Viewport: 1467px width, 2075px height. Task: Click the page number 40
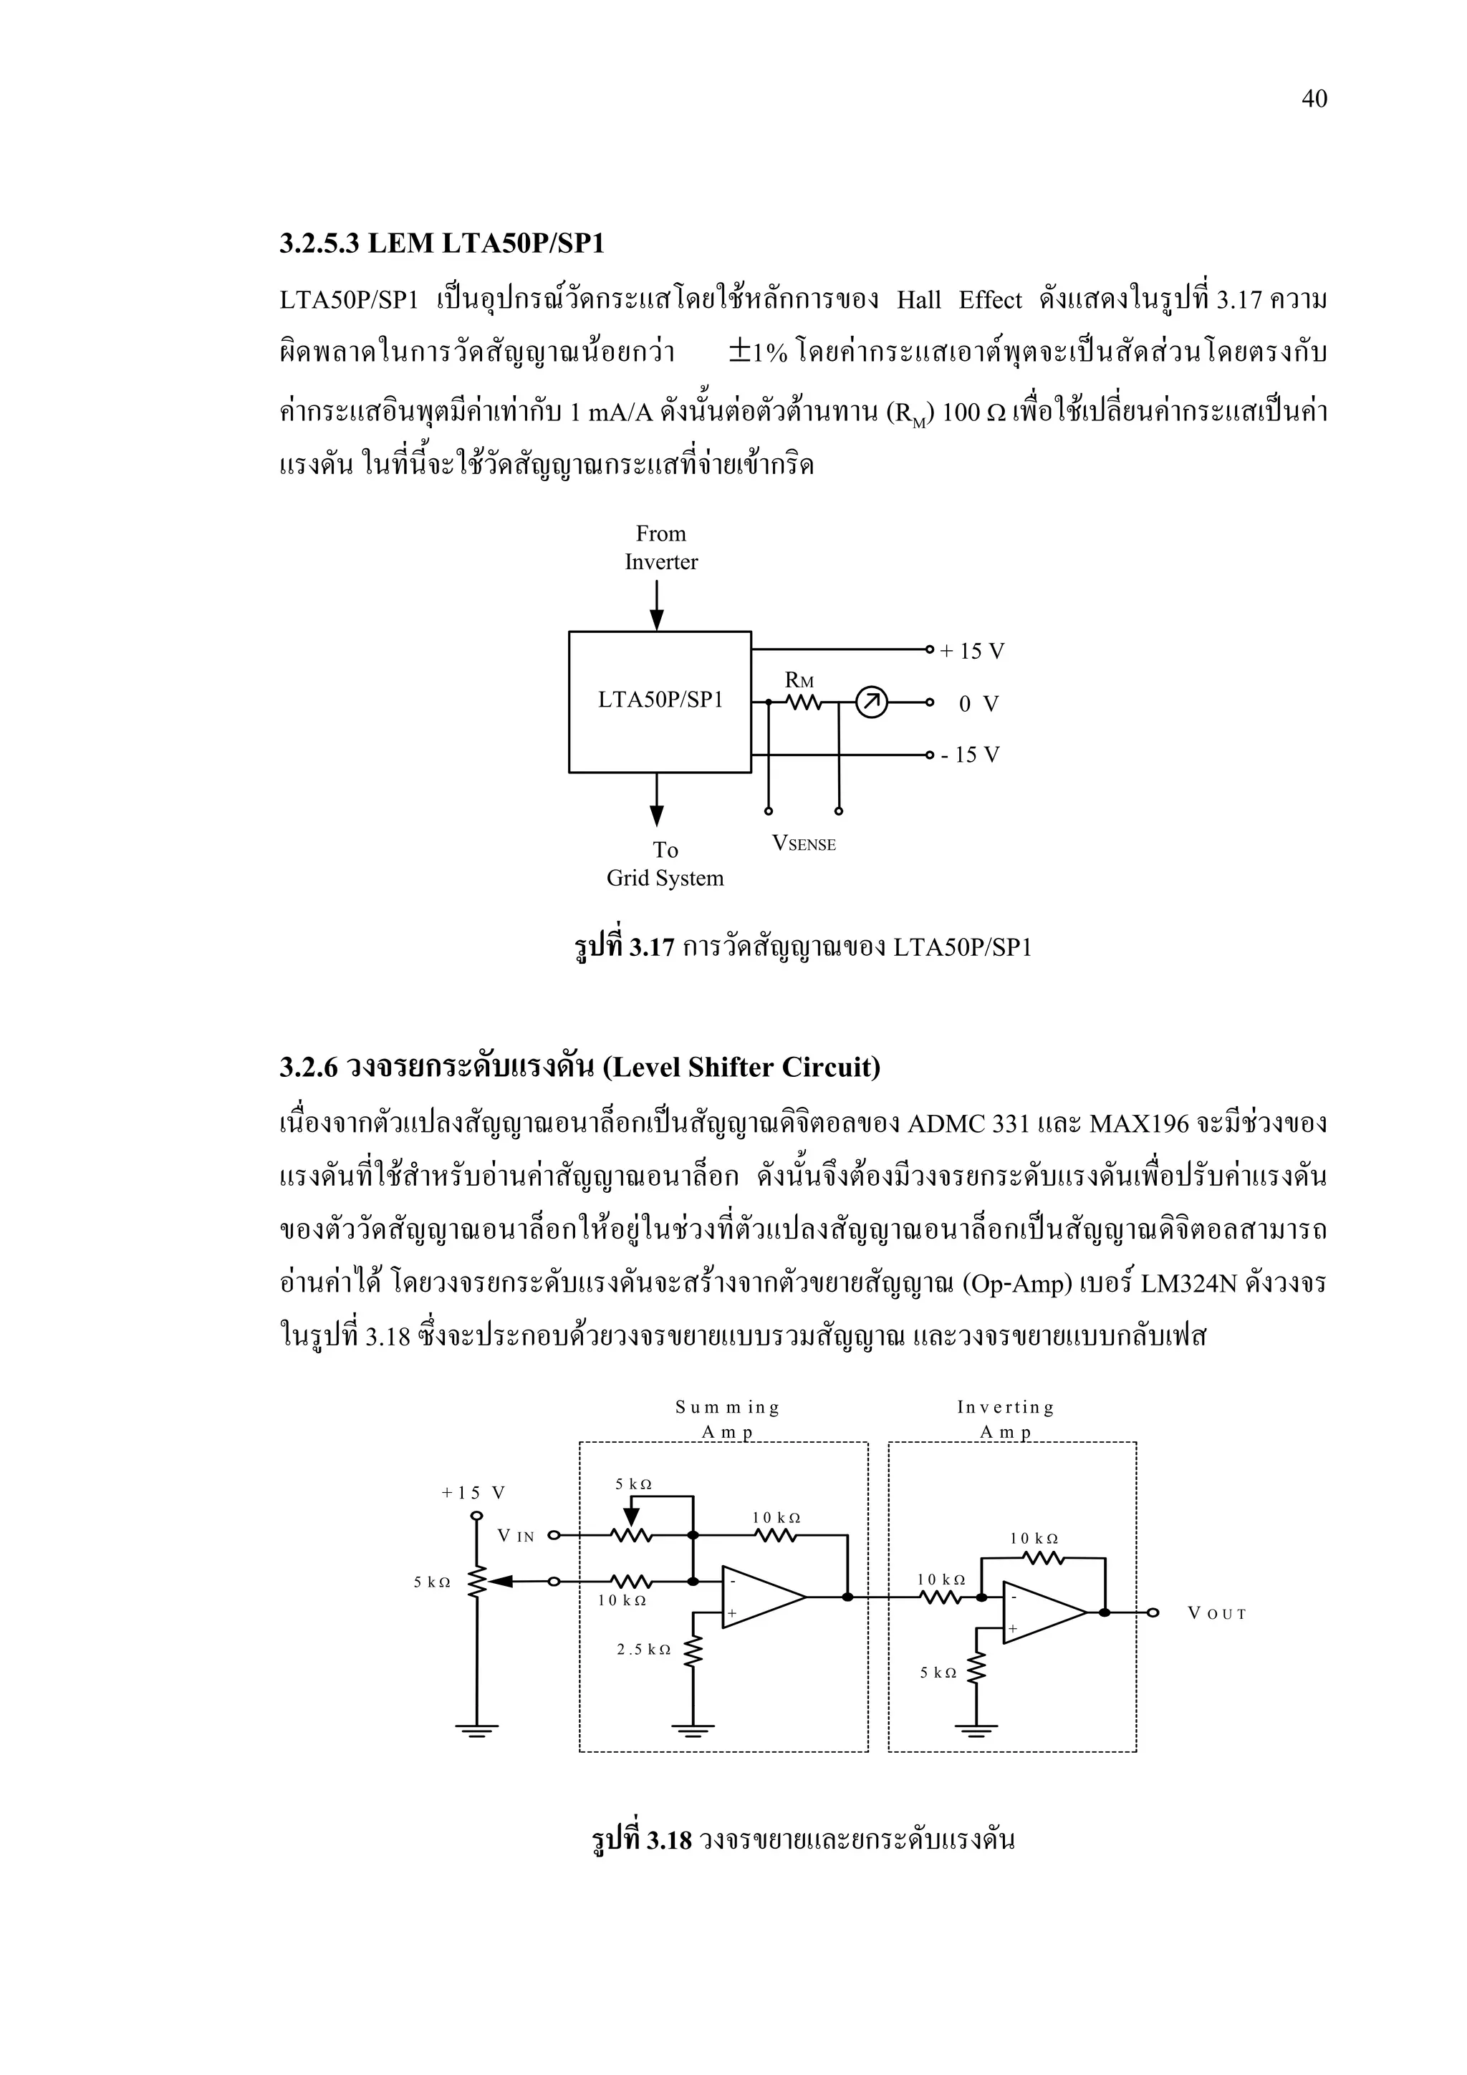click(1313, 100)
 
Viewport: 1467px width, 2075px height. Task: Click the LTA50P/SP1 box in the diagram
click(660, 701)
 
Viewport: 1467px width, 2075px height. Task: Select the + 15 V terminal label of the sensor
click(973, 652)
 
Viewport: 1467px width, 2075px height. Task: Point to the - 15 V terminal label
click(970, 755)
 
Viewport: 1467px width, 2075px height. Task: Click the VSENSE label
click(804, 844)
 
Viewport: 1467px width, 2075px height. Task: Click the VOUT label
click(1216, 1614)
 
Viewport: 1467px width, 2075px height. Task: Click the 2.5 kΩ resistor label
click(643, 1650)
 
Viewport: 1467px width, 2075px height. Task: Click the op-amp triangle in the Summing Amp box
click(760, 1597)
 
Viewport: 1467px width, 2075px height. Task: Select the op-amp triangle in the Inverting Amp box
click(1042, 1613)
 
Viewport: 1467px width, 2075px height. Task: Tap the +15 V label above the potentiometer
click(473, 1493)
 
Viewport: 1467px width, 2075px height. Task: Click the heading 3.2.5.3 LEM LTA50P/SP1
click(442, 243)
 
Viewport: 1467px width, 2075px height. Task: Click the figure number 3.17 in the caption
click(652, 947)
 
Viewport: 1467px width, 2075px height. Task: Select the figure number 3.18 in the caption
click(669, 1840)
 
